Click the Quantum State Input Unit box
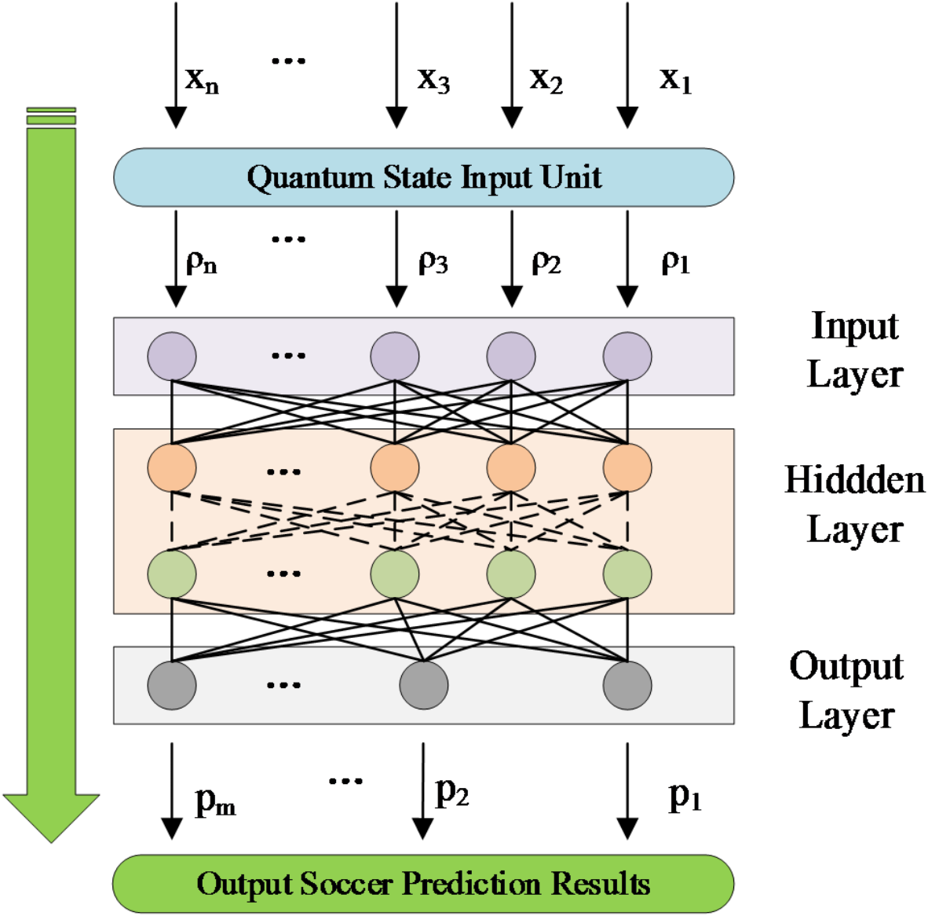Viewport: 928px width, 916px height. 424,178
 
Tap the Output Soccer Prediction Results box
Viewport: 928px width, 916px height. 424,884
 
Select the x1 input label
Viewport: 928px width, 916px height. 675,79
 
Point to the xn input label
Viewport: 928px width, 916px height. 202,79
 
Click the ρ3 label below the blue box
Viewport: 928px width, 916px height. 433,262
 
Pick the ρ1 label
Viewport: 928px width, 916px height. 675,262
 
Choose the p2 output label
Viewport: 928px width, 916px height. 452,793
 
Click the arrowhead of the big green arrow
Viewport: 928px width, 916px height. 51,817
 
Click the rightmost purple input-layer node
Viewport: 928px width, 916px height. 627,356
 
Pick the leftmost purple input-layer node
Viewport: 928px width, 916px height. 172,356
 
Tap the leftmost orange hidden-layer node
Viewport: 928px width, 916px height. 172,467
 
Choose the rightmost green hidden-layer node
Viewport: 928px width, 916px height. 627,573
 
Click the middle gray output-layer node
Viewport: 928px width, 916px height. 424,685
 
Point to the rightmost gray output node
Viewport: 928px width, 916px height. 627,685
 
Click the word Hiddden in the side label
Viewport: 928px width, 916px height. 854,480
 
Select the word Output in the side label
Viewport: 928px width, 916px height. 846,666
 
